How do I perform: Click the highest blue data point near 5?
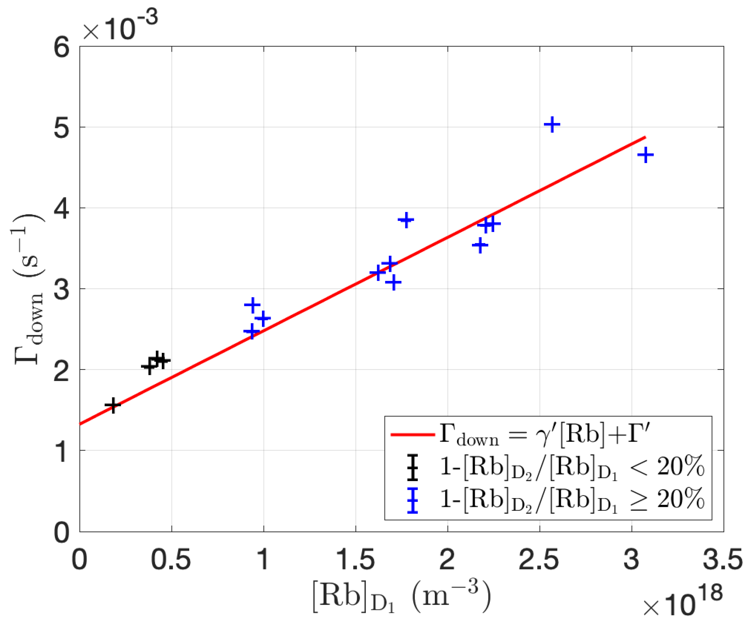[x=552, y=125]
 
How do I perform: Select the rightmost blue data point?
[x=645, y=155]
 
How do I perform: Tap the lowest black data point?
[x=113, y=405]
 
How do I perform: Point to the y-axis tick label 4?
[x=61, y=209]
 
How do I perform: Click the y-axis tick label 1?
[x=61, y=451]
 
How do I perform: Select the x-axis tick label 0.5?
[x=171, y=560]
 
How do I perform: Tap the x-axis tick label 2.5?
[x=539, y=560]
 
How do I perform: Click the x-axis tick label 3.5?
[x=723, y=560]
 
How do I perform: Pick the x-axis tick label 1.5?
[x=355, y=560]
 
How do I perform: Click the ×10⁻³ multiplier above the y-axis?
[x=120, y=27]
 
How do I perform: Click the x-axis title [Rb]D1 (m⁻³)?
[x=401, y=597]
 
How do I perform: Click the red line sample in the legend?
[x=413, y=435]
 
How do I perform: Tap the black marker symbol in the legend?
[x=413, y=467]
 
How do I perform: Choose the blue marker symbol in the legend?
[x=413, y=500]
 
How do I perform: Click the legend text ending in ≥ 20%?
[x=572, y=500]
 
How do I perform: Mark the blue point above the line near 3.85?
[x=406, y=220]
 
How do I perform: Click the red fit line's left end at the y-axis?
[x=81, y=424]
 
